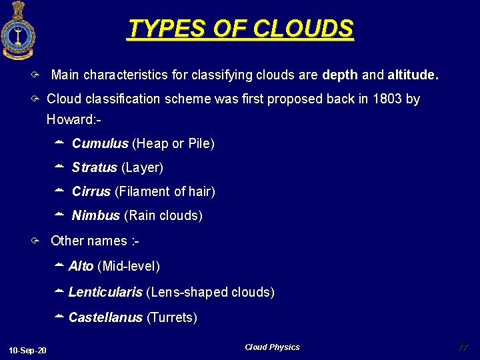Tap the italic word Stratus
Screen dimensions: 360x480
pos(94,167)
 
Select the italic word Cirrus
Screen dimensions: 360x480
pos(91,191)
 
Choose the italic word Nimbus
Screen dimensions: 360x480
pos(95,215)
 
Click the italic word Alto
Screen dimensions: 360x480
pos(81,267)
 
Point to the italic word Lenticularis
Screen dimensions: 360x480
pos(105,292)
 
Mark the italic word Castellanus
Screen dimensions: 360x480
pos(105,317)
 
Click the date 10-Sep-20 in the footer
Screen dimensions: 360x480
pos(27,351)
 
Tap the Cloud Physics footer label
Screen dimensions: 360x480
pos(272,347)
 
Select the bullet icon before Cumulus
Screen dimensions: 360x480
pos(59,143)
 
